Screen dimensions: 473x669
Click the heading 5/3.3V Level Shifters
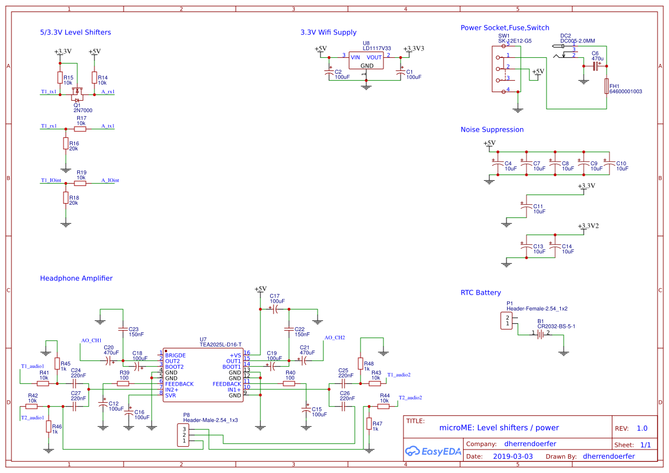(x=76, y=33)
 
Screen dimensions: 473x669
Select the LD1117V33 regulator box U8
(x=366, y=61)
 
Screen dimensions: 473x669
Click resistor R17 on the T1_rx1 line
(x=81, y=129)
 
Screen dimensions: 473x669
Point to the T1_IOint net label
(x=51, y=180)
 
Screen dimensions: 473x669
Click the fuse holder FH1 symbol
(x=607, y=86)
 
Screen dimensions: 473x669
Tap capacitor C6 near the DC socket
(x=596, y=67)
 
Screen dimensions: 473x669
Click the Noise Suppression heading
(x=492, y=130)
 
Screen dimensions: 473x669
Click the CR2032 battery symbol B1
(x=540, y=334)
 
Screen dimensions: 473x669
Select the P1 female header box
(x=506, y=321)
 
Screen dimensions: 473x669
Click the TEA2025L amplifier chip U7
(x=203, y=375)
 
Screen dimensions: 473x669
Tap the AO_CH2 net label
(x=334, y=338)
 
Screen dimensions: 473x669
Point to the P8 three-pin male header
(x=184, y=435)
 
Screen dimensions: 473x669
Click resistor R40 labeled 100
(x=290, y=384)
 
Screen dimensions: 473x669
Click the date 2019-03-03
(x=512, y=456)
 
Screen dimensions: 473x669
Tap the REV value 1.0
(x=642, y=428)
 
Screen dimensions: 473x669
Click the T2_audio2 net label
(x=410, y=398)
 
